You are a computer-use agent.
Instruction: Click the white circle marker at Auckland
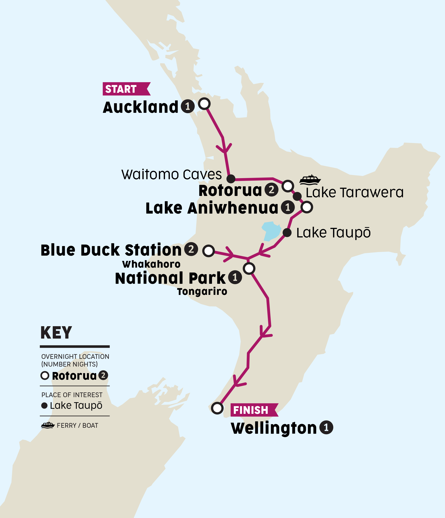(204, 103)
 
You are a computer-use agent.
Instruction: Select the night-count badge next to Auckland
(188, 106)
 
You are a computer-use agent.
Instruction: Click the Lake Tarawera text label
(354, 193)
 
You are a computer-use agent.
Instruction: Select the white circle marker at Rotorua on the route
(288, 186)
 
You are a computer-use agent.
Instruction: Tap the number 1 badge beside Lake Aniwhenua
(288, 207)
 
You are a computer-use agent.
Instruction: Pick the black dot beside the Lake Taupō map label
(287, 233)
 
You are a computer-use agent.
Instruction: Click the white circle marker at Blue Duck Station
(208, 251)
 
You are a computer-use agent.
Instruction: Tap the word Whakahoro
(151, 264)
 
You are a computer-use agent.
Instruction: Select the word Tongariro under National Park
(202, 291)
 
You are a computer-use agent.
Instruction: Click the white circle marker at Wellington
(217, 408)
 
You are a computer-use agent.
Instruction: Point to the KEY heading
(56, 333)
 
